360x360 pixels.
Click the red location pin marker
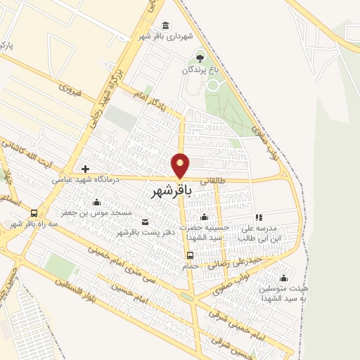pyautogui.click(x=181, y=165)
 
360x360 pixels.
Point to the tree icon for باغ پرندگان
pyautogui.click(x=200, y=58)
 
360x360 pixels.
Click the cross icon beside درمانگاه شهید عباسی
pyautogui.click(x=85, y=169)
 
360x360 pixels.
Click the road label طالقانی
pyautogui.click(x=214, y=180)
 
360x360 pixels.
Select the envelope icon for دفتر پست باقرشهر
pyautogui.click(x=146, y=222)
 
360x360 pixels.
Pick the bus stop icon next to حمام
pyautogui.click(x=189, y=255)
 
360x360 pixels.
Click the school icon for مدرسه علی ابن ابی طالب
pyautogui.click(x=258, y=217)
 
